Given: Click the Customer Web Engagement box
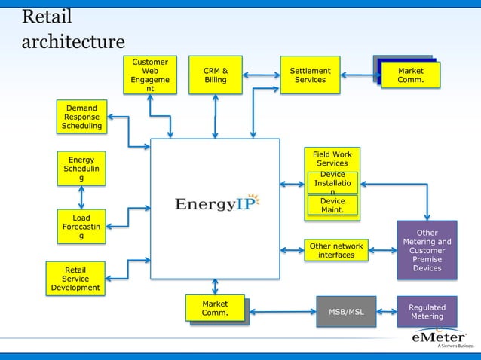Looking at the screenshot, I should pyautogui.click(x=149, y=76).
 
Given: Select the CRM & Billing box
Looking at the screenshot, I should pyautogui.click(x=215, y=75).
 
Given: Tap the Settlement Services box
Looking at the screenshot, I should pyautogui.click(x=310, y=75).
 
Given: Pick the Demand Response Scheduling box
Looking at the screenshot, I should pyautogui.click(x=81, y=117).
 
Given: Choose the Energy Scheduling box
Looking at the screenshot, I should pyautogui.click(x=81, y=169).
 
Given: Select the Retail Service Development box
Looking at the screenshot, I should pyautogui.click(x=75, y=279).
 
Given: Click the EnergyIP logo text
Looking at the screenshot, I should pyautogui.click(x=210, y=204).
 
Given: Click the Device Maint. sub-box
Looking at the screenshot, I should pyautogui.click(x=332, y=206).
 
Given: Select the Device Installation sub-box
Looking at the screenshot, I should pyautogui.click(x=332, y=183).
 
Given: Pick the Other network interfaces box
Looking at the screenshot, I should pyautogui.click(x=335, y=250).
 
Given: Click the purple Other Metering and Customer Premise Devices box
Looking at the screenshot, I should pyautogui.click(x=427, y=250).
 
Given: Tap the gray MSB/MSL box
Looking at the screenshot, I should pyautogui.click(x=345, y=312).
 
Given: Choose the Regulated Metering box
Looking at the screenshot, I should pyautogui.click(x=427, y=312).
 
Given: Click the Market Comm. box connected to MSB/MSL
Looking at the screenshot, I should pyautogui.click(x=216, y=310).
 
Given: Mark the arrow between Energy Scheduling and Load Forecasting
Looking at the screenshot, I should pyautogui.click(x=81, y=197).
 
